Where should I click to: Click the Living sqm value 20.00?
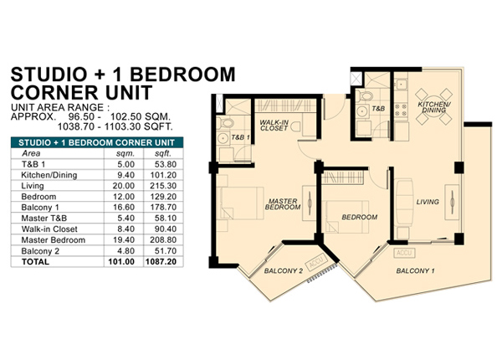pos(123,186)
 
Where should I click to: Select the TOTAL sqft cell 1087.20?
pos(161,262)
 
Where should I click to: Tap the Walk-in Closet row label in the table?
pos(49,229)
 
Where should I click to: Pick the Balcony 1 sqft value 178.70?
pos(163,208)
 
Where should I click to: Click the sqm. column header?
pos(125,153)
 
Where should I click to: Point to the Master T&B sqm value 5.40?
pos(125,219)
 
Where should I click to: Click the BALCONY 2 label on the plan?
pos(284,271)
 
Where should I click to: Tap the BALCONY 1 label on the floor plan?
pos(415,271)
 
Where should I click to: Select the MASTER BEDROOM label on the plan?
pos(283,204)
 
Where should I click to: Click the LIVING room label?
pos(428,202)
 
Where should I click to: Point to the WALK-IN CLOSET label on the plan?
pos(274,126)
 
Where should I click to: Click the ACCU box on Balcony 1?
pos(404,253)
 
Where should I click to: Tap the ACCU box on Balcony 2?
pos(317,262)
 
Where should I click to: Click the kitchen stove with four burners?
pos(401,110)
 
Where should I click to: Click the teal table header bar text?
pos(97,143)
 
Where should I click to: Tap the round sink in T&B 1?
pos(223,138)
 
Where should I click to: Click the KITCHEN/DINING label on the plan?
pos(434,107)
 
